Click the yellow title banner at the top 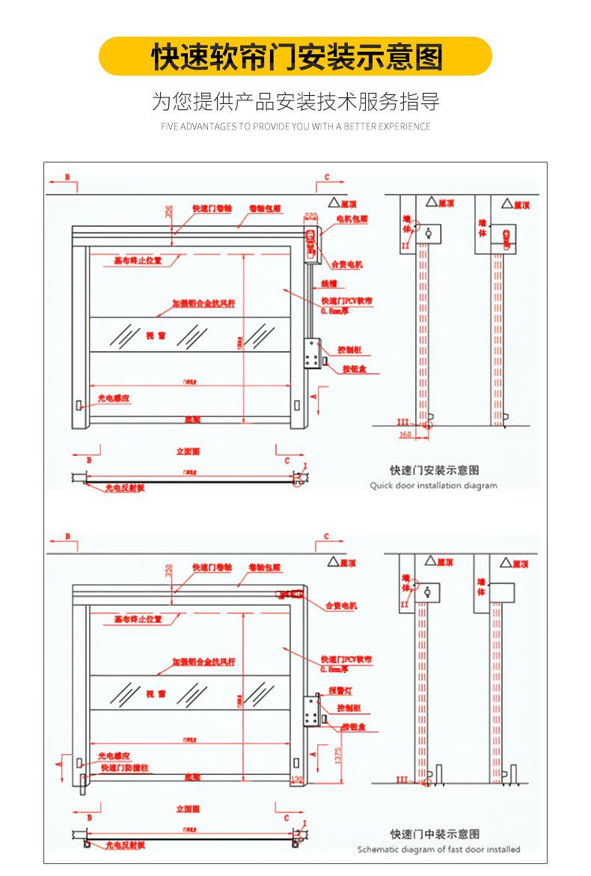[x=295, y=57]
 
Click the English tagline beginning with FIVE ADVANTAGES [x=295, y=127]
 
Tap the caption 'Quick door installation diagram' [x=433, y=485]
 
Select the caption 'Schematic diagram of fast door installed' [x=438, y=849]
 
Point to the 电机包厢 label [x=352, y=219]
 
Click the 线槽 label [x=329, y=284]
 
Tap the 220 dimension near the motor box [x=311, y=216]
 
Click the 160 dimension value [x=405, y=434]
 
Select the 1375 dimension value [x=338, y=755]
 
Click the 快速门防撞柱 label [x=125, y=767]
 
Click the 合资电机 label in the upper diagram [x=346, y=264]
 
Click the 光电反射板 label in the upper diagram [x=125, y=487]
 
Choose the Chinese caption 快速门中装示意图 [x=435, y=833]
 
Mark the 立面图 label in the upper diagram [x=188, y=451]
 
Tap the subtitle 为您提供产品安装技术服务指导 [x=295, y=102]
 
